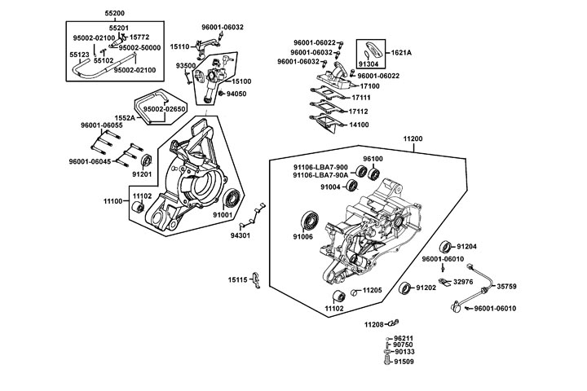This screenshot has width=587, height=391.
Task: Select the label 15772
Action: pos(140,37)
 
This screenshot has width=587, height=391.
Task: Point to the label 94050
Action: pos(214,94)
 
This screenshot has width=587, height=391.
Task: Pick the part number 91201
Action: pos(143,174)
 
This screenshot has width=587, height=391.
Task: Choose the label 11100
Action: pos(114,200)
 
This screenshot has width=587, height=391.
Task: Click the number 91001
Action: pos(223,215)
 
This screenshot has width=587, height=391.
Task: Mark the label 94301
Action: pos(241,235)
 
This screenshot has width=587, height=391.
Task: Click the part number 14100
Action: pos(358,125)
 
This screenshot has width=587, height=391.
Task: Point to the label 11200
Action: pos(436,139)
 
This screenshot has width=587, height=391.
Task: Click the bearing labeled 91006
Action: pos(310,219)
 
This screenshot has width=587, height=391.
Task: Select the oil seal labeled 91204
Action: pos(445,246)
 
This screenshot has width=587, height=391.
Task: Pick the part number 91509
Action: pos(404,361)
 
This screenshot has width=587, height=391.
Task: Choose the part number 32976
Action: pos(463,281)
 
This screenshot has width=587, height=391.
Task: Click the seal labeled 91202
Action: pos(405,288)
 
